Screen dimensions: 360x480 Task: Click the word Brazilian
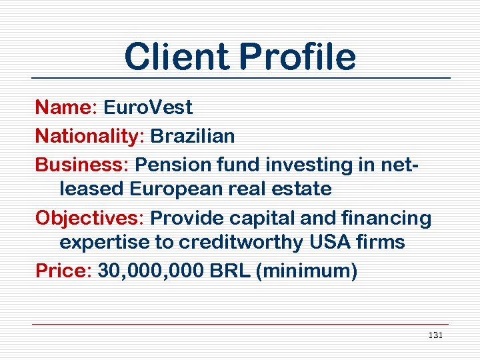(193, 136)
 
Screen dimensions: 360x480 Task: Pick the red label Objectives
(89, 217)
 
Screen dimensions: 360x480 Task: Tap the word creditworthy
(230, 242)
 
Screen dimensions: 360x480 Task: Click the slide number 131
(435, 335)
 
